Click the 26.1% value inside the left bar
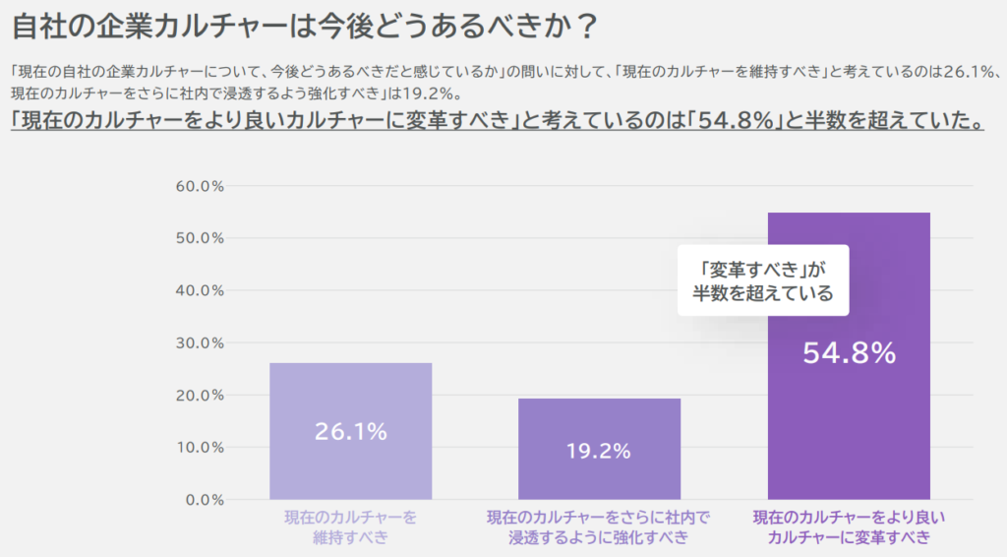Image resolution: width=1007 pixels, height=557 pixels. tap(350, 431)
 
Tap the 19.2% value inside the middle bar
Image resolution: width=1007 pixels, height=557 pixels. tap(598, 451)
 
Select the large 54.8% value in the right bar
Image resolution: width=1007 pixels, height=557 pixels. tap(849, 353)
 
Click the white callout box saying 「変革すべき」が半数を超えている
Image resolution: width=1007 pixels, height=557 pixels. tap(762, 280)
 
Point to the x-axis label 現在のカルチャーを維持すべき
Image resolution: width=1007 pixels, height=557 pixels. tap(350, 526)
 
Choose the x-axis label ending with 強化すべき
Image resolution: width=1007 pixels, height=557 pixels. tap(598, 526)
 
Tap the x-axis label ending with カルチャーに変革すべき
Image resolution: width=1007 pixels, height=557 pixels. tap(849, 526)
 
